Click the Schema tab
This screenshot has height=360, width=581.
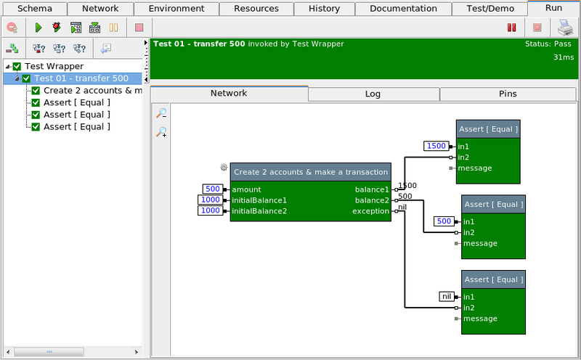pos(34,9)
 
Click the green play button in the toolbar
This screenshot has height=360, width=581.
pos(38,28)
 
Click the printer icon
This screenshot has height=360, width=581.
pos(564,28)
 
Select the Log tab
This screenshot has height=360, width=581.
pos(373,94)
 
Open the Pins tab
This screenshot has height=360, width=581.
pos(508,94)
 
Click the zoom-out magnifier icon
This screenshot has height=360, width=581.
pos(161,113)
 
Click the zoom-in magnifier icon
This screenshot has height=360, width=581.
pos(161,132)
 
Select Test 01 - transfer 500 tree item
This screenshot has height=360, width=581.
pos(81,78)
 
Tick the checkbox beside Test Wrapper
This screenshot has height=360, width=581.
pos(17,67)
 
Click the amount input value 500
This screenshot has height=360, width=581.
pos(212,189)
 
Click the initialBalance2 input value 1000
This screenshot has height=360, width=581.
pos(210,211)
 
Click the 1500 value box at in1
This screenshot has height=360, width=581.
pos(436,146)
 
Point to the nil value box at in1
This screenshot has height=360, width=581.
pos(447,296)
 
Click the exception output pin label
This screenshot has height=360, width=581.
pos(370,211)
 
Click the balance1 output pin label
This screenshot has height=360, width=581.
pos(372,189)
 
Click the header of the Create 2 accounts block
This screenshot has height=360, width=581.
pos(310,172)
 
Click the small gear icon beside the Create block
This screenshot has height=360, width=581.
pos(224,168)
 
